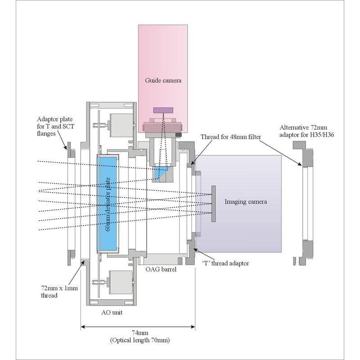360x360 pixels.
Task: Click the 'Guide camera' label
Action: pyautogui.click(x=163, y=81)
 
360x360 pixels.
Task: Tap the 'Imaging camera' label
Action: pyautogui.click(x=246, y=202)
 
